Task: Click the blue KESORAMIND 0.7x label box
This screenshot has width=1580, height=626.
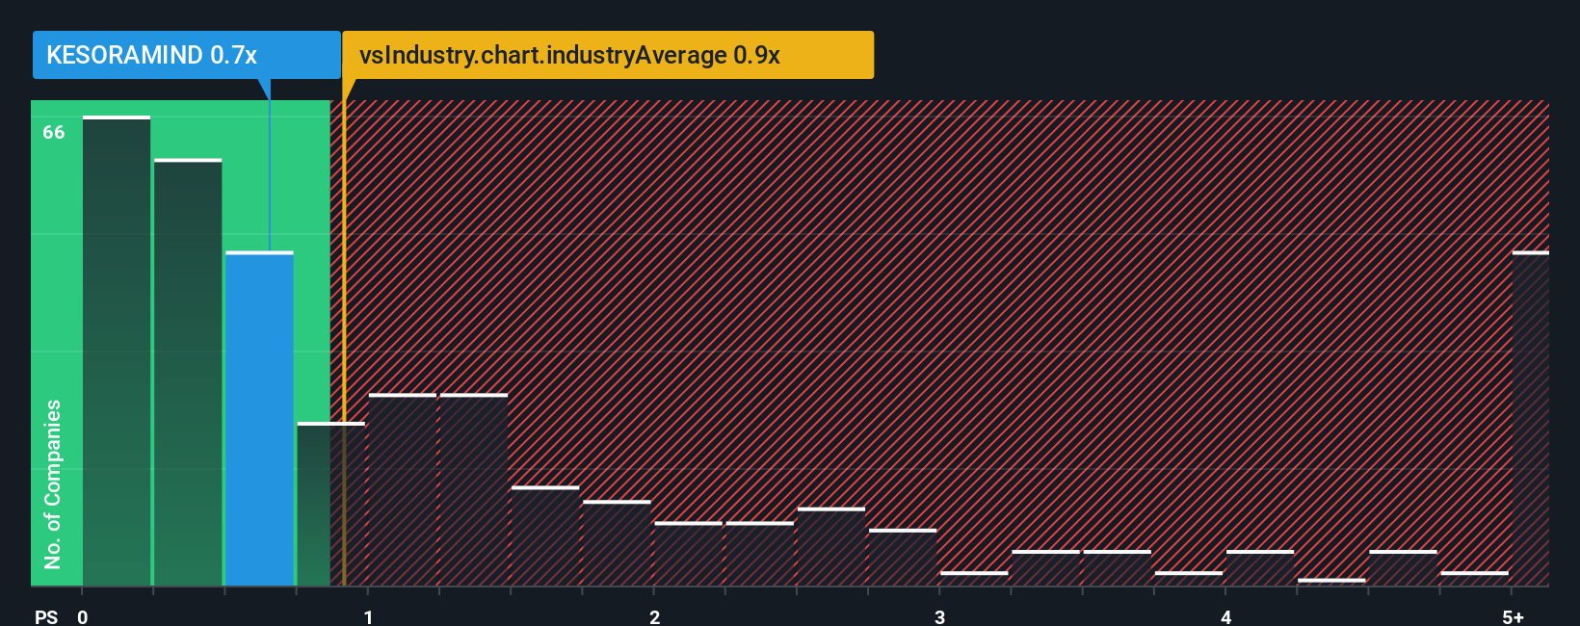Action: click(x=186, y=55)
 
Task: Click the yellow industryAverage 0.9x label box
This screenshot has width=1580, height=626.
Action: click(x=607, y=55)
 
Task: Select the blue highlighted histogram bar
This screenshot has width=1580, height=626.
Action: click(x=259, y=419)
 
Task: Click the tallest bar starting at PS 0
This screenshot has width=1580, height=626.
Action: click(x=117, y=352)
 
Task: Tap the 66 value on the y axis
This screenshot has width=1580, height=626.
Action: click(x=54, y=133)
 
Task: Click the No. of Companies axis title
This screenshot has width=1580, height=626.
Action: click(x=53, y=483)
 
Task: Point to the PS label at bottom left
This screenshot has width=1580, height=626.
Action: click(x=46, y=616)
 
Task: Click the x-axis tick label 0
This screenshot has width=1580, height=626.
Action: click(x=83, y=616)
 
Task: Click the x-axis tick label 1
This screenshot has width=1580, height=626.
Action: click(x=368, y=616)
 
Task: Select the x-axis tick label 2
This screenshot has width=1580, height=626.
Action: click(x=654, y=616)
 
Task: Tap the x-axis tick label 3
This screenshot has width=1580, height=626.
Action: click(x=939, y=616)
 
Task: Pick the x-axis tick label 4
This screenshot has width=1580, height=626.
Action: click(x=1225, y=616)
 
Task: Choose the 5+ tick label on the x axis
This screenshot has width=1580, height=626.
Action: click(x=1513, y=616)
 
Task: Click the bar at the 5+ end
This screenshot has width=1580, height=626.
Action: click(x=1530, y=419)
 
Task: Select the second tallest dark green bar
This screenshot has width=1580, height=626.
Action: click(x=188, y=373)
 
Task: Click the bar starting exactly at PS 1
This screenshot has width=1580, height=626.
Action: click(x=403, y=490)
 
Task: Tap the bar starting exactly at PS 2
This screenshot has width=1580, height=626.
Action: click(x=688, y=555)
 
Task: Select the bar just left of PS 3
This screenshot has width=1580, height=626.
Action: click(x=903, y=558)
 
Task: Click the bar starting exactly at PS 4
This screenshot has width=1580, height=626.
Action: click(x=1260, y=568)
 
